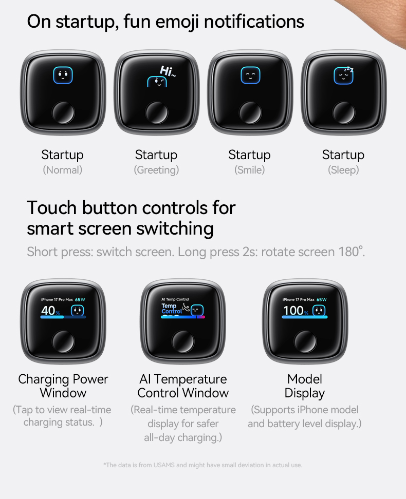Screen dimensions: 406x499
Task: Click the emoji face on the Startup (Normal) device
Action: pos(63,75)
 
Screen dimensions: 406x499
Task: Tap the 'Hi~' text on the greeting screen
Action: pos(168,71)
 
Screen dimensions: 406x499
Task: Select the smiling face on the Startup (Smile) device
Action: pos(250,75)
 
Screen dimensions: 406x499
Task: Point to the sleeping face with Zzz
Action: pos(343,76)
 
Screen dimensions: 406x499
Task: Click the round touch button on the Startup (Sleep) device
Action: pos(343,112)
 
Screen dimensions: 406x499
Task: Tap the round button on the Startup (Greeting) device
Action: pos(156,112)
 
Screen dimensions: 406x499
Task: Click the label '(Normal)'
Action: pos(63,170)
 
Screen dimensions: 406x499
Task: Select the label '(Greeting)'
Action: pos(156,170)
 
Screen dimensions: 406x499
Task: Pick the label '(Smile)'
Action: pos(250,170)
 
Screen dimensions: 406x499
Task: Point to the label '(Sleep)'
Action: pos(343,170)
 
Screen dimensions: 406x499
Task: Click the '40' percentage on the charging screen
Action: pos(48,310)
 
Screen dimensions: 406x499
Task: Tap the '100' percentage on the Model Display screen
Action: pos(293,310)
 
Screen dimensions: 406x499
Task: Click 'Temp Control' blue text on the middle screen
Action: pos(172,309)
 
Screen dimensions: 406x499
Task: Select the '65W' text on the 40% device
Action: pos(80,299)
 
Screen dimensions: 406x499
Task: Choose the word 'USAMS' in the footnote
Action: pos(164,465)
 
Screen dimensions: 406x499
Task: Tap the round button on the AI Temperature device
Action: pos(182,342)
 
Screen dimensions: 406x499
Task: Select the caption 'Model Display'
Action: pos(305,386)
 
